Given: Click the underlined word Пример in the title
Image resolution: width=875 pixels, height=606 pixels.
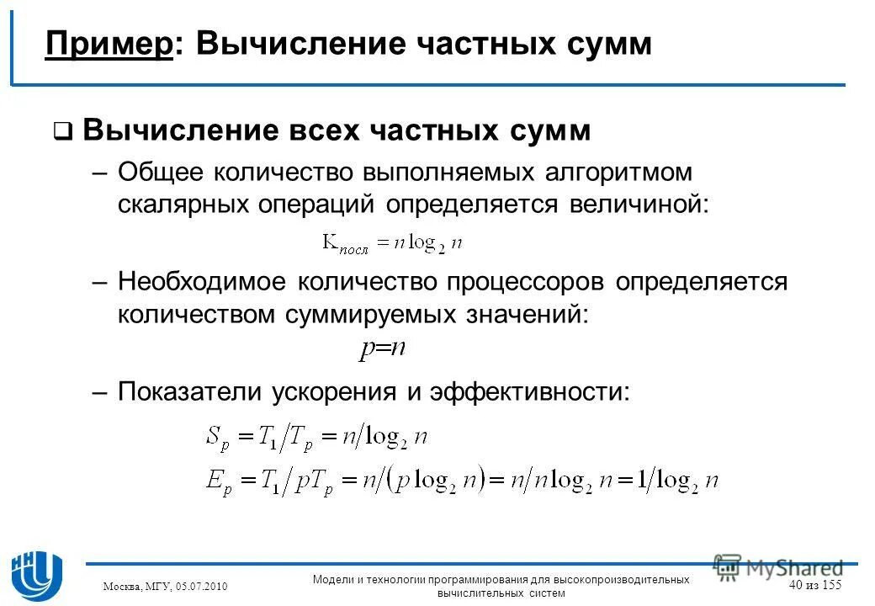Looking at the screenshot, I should tap(109, 43).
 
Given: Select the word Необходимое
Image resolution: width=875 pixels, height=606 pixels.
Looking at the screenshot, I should tap(202, 282).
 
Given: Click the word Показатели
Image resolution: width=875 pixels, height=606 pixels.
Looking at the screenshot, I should tap(190, 391).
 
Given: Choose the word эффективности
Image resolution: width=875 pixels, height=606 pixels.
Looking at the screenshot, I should tap(529, 391).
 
